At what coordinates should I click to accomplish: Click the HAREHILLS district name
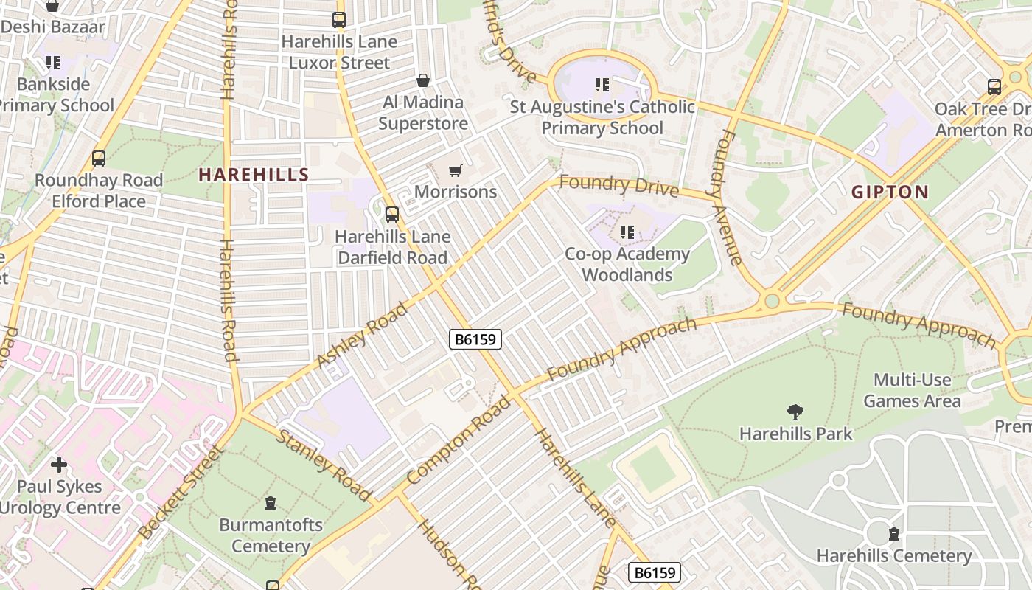tap(254, 175)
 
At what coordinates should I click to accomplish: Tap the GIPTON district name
tap(890, 192)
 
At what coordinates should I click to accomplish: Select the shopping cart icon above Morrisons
tap(455, 171)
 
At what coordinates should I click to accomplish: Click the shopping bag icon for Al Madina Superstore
tap(423, 80)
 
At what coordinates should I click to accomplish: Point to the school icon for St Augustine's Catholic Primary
tap(602, 86)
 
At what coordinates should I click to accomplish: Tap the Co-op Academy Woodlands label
tap(627, 264)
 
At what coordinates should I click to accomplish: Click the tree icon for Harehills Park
tap(795, 412)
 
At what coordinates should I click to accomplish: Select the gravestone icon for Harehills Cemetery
tap(894, 533)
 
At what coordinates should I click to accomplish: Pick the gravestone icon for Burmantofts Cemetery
tap(271, 504)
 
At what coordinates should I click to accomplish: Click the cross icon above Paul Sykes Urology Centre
tap(59, 465)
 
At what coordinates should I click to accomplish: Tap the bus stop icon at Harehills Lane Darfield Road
tap(392, 215)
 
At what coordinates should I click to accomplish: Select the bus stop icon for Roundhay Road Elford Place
tap(98, 159)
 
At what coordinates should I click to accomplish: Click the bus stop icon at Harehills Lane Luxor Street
tap(339, 20)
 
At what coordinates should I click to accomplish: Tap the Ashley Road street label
tap(362, 336)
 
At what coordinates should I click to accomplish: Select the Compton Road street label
tap(458, 440)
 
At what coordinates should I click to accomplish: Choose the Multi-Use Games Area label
tap(912, 391)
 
